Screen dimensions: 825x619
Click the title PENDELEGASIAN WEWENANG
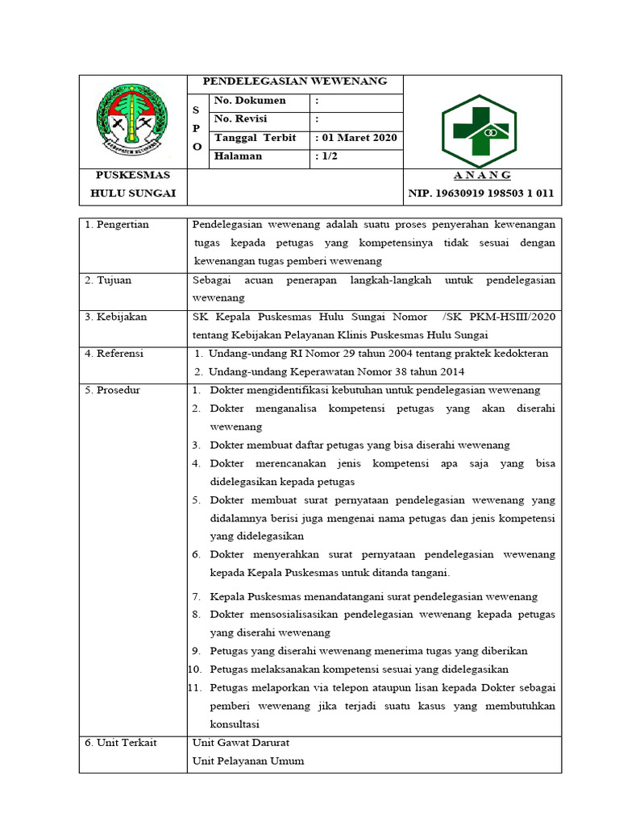coord(294,81)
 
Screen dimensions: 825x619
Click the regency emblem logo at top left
coord(133,122)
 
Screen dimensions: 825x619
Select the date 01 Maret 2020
coord(358,138)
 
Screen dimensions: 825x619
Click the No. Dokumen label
coord(250,101)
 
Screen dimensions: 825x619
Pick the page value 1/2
coord(328,156)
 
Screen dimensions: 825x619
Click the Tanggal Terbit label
coord(255,138)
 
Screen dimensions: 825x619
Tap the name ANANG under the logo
coord(481,176)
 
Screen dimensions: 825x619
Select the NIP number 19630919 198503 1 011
coord(481,193)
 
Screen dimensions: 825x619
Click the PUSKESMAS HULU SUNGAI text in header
coord(133,184)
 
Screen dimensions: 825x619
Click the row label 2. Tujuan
coord(108,280)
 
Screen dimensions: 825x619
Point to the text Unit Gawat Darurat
coord(240,743)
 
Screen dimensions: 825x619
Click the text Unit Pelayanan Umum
coord(248,761)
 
